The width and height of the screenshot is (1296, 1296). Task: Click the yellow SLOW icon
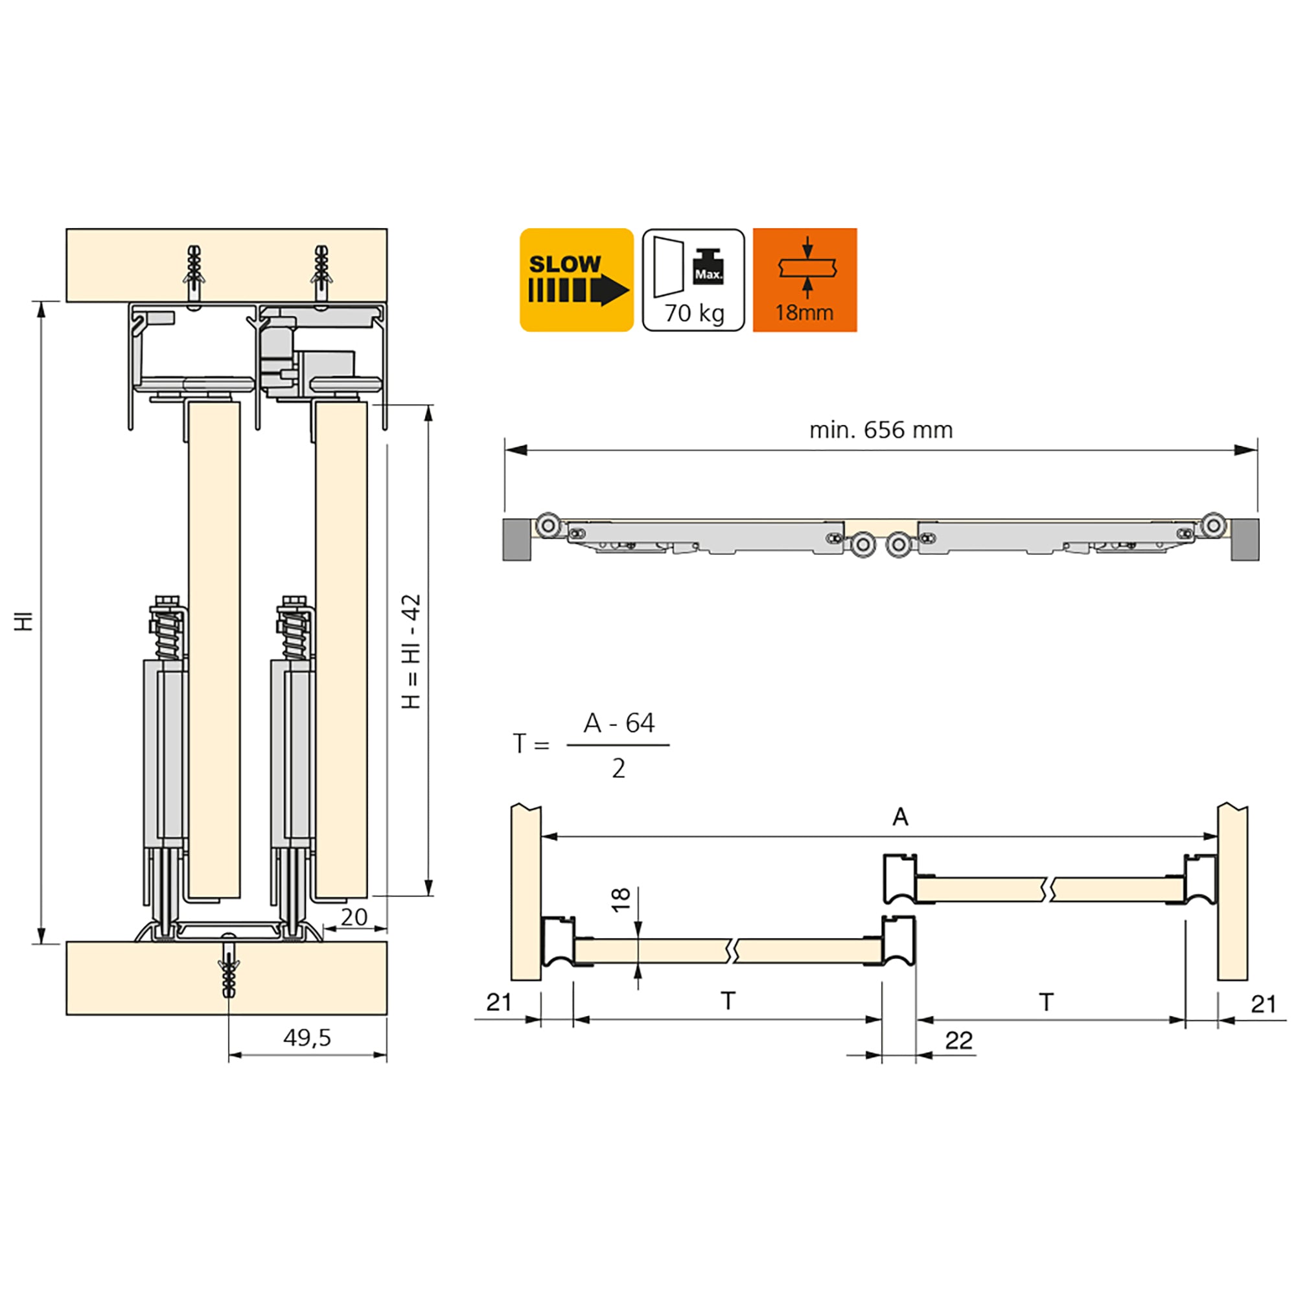click(x=576, y=280)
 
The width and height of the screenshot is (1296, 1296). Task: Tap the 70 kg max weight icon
click(x=693, y=280)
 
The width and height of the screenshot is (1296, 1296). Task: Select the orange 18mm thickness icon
click(x=804, y=280)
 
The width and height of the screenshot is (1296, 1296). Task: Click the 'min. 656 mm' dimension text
click(x=881, y=430)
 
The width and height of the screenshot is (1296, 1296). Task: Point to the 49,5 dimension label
click(x=307, y=1037)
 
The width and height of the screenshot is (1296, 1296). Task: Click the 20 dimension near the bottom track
click(x=354, y=917)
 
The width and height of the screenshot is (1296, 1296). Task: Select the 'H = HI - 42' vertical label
click(x=411, y=651)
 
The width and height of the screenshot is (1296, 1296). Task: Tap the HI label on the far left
click(x=24, y=621)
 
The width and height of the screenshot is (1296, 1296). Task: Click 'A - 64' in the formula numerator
click(x=618, y=723)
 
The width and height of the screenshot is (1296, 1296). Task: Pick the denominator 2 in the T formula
click(x=618, y=768)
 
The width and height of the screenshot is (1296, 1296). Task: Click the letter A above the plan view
click(x=900, y=817)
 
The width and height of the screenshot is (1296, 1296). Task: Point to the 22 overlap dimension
click(x=958, y=1041)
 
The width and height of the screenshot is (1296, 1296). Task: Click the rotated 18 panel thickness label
click(x=621, y=899)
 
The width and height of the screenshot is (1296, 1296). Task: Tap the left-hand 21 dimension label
click(x=499, y=1002)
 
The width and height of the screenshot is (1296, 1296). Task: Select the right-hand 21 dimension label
click(x=1264, y=1004)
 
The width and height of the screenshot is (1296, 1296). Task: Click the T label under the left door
click(x=728, y=1002)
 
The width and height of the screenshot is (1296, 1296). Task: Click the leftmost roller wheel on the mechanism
click(x=548, y=526)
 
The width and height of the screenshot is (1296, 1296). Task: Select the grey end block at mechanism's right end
click(x=1245, y=539)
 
